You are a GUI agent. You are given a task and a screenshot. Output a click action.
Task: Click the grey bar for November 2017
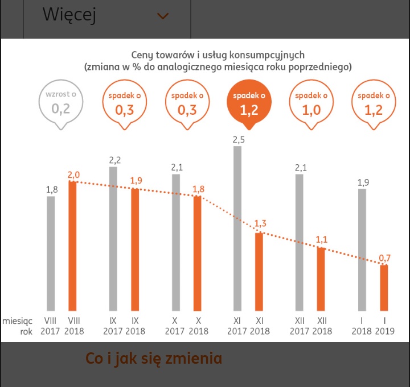coord(237,227)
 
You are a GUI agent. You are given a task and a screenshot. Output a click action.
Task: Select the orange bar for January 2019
coord(384,287)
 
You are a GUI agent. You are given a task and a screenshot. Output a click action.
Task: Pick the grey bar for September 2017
coord(113,238)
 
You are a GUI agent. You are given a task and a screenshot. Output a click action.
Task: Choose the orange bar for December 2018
coord(321,278)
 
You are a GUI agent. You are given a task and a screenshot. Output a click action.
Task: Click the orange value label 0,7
coord(386,259)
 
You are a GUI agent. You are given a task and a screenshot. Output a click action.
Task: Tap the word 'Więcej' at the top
coord(69,15)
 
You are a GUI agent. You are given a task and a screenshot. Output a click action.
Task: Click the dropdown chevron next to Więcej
coord(163,16)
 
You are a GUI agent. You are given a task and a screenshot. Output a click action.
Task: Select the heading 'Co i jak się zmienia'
coord(153,359)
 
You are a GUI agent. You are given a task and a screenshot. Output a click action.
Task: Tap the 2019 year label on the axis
coord(385,331)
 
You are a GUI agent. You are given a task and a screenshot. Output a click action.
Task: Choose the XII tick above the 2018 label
coord(322,321)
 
